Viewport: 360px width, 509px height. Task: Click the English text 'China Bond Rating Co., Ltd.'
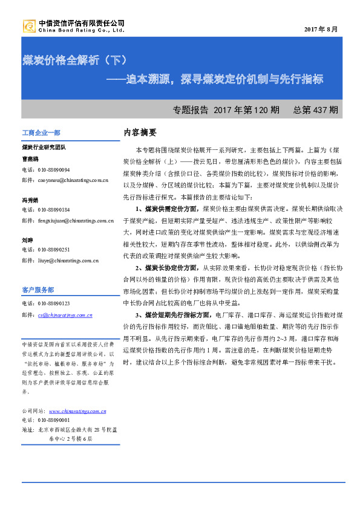(x=81, y=29)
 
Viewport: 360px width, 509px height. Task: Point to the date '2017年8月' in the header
(x=321, y=29)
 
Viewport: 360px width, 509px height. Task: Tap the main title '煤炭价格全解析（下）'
(x=74, y=60)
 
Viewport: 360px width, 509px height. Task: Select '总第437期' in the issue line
(x=315, y=111)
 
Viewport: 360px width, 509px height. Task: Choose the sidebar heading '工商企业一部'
(x=41, y=132)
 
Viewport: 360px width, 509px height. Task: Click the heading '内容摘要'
(x=140, y=132)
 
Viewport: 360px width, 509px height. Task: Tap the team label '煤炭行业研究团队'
(x=43, y=147)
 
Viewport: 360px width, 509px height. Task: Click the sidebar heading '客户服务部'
(x=38, y=290)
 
